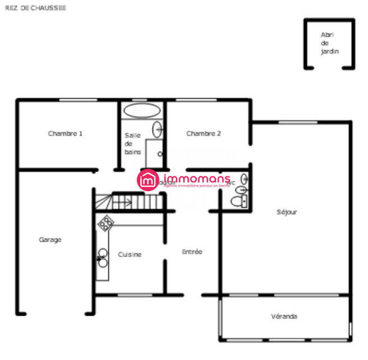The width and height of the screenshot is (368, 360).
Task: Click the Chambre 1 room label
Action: click(66, 133)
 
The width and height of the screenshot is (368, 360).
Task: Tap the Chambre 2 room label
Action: click(203, 133)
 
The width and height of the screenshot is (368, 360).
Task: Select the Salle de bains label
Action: click(132, 144)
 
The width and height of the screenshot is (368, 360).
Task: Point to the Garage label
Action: click(50, 239)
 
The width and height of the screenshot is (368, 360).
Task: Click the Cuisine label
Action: click(130, 254)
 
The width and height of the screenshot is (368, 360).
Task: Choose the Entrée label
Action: click(192, 252)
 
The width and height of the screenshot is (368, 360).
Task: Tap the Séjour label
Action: click(287, 212)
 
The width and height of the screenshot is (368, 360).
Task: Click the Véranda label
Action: click(284, 316)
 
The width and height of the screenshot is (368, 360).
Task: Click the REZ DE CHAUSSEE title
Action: click(35, 8)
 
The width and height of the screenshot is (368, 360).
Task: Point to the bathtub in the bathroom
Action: click(142, 110)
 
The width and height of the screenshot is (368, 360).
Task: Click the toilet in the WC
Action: click(240, 201)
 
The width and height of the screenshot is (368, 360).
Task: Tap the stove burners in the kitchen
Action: click(105, 224)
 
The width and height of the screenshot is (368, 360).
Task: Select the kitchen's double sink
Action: click(103, 257)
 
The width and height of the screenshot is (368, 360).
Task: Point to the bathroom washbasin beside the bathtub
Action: click(158, 129)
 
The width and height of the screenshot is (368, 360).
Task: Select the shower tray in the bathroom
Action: click(155, 153)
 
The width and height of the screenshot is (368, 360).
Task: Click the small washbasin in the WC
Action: click(245, 179)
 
